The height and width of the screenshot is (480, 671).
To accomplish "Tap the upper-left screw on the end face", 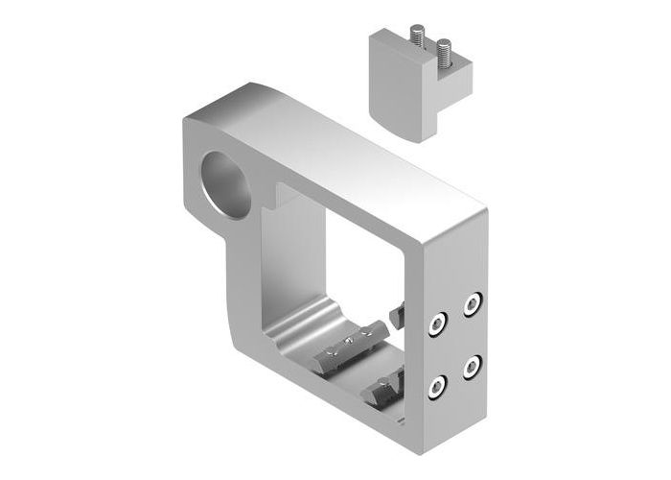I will click(437, 324).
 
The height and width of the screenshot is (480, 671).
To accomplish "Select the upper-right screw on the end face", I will click(472, 305).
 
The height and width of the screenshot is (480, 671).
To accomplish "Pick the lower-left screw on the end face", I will click(437, 387).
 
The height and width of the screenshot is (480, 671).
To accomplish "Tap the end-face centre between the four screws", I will click(454, 346).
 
